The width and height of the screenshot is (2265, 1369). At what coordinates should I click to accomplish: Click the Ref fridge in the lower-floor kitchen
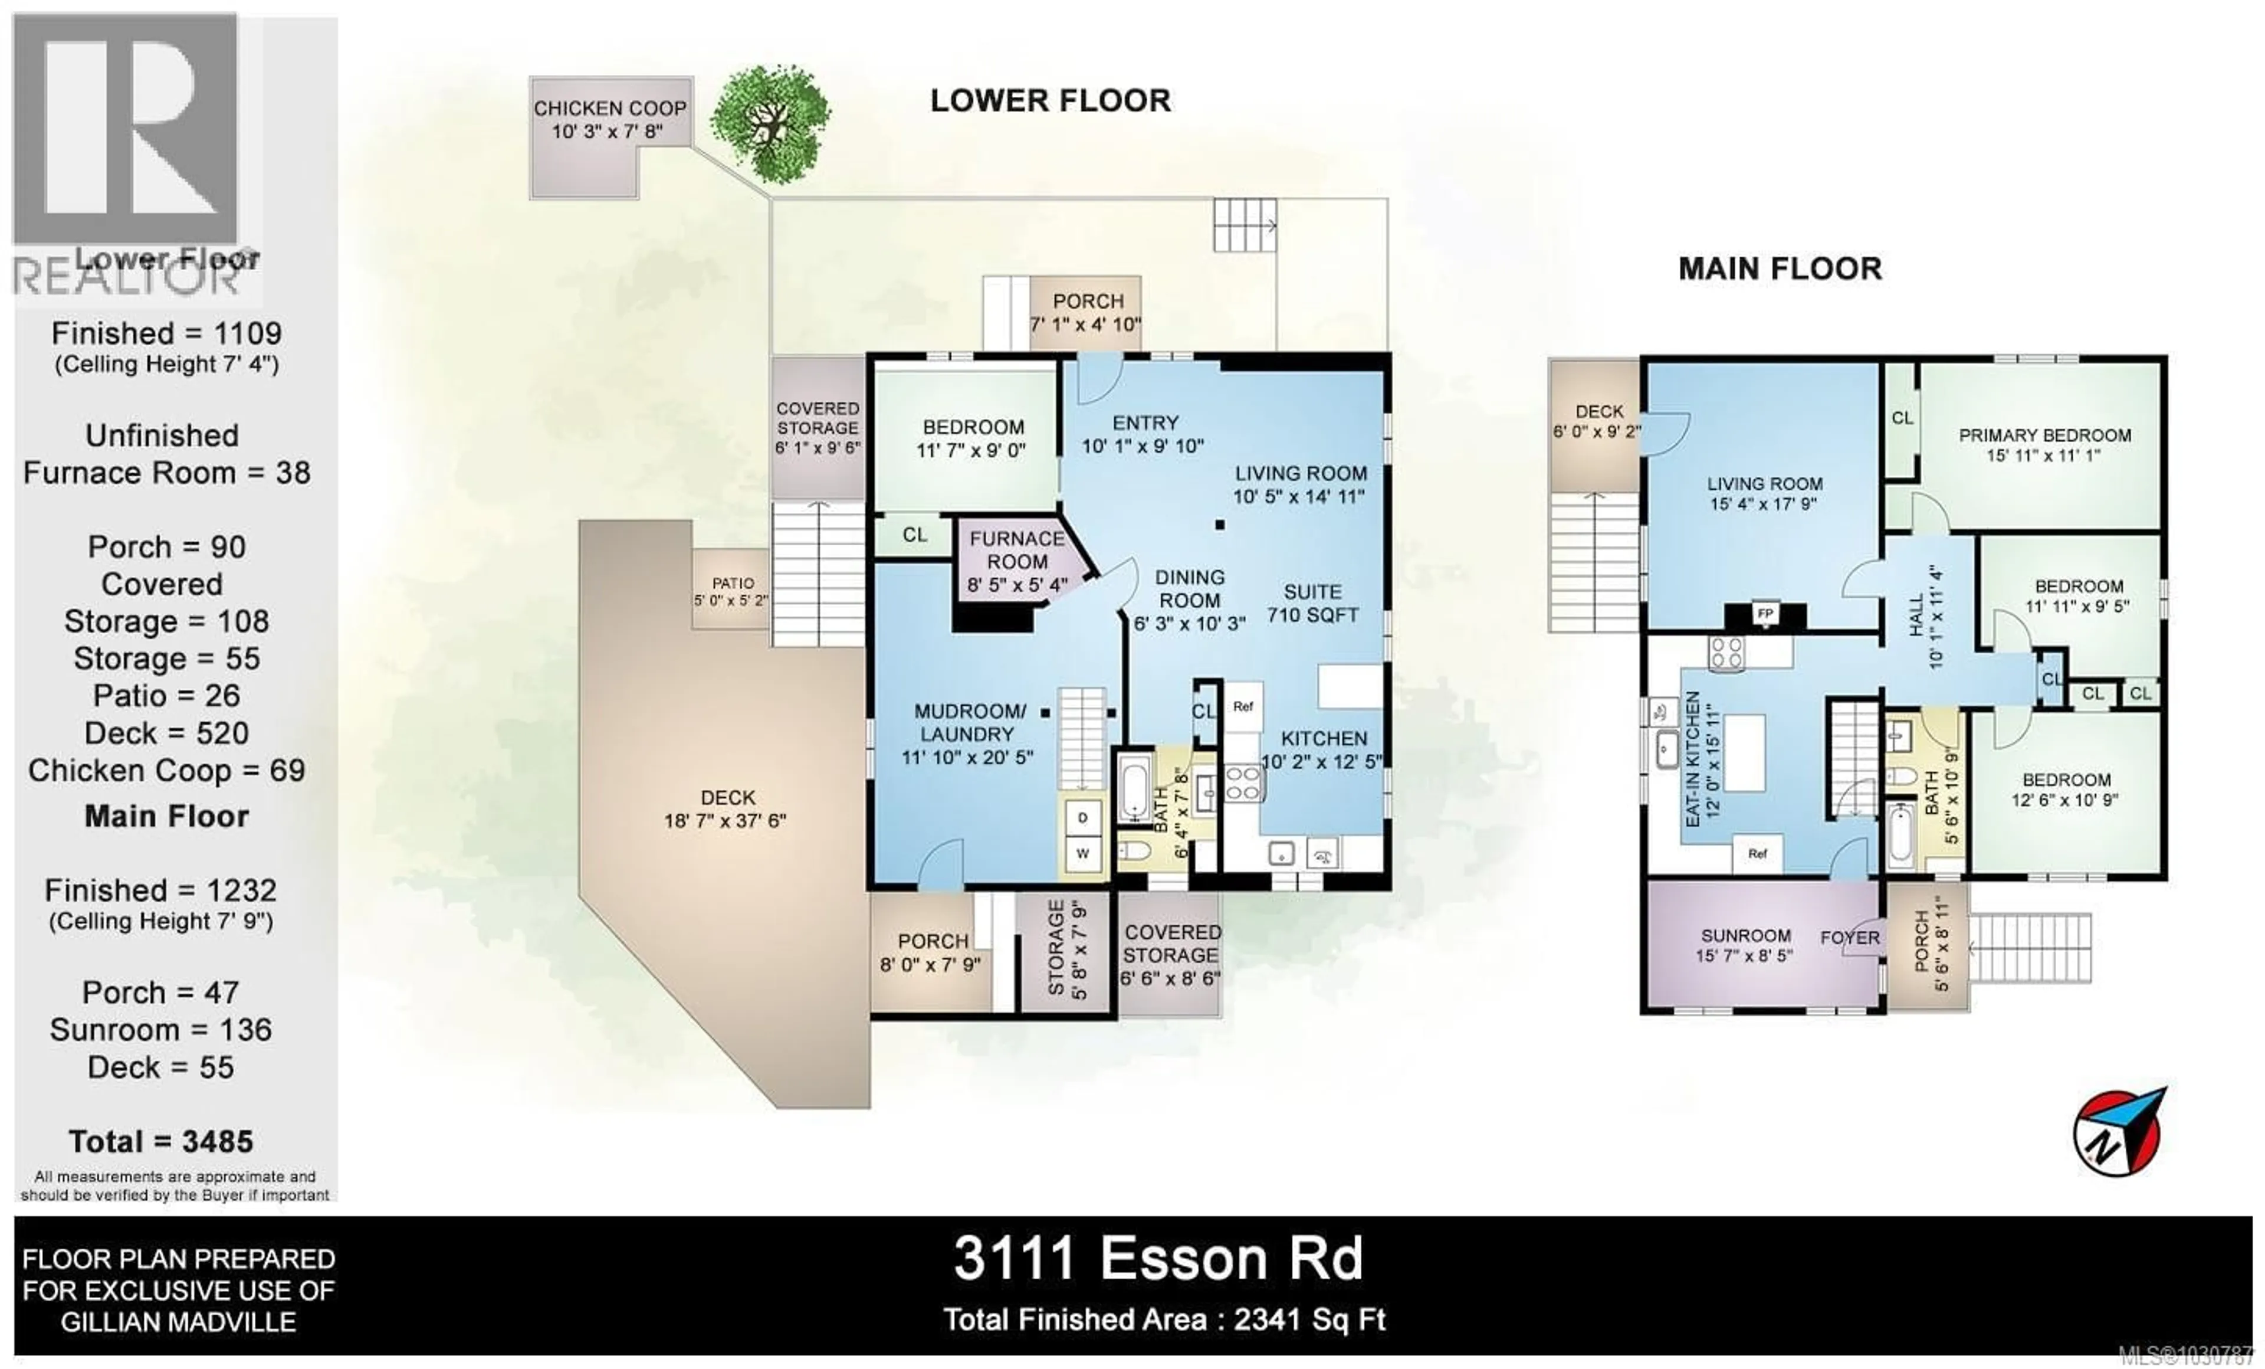1243,707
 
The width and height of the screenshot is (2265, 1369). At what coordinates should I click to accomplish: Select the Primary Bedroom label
2044,445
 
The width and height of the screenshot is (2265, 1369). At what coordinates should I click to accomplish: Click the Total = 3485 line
161,1141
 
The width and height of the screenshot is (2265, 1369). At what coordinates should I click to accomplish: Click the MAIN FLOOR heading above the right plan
1780,268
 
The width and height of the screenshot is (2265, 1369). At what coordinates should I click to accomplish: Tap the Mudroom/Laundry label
968,733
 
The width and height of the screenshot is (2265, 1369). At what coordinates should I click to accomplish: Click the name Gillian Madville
178,1322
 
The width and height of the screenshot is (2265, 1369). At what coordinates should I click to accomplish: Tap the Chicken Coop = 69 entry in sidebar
166,771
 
